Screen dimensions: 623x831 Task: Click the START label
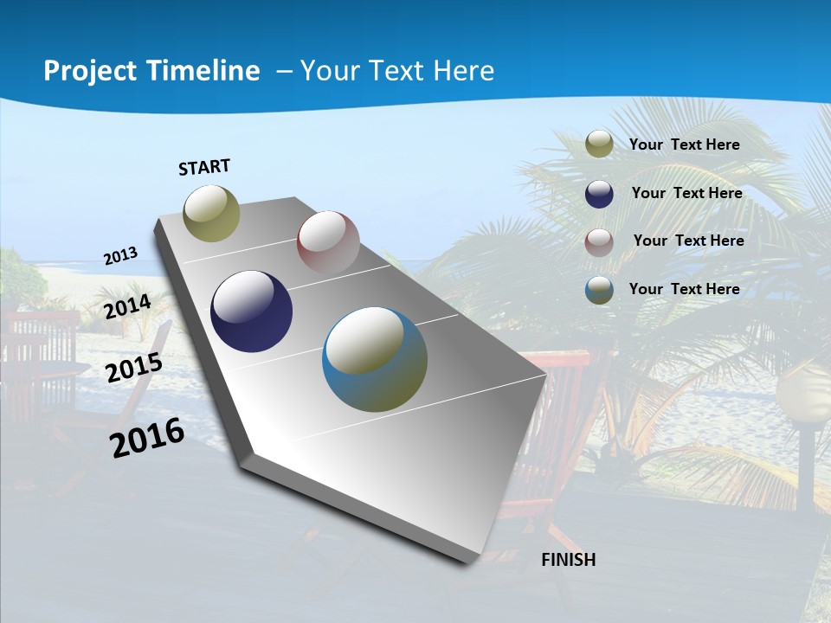(x=204, y=167)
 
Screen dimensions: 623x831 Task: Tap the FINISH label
(x=568, y=560)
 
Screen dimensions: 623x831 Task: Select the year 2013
(x=120, y=256)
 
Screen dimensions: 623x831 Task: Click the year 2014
(x=127, y=307)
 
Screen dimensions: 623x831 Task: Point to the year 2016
(x=147, y=438)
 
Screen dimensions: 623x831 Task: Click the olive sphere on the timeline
(x=211, y=214)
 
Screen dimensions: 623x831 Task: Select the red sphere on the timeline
(x=328, y=241)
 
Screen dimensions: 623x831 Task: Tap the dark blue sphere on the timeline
(x=251, y=311)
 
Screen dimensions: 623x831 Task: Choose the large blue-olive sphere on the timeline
(x=374, y=359)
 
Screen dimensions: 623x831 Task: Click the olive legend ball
(x=599, y=144)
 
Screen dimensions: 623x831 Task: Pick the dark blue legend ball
(x=599, y=194)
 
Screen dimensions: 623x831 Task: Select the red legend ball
(x=599, y=242)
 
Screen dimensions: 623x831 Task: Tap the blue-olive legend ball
(x=599, y=291)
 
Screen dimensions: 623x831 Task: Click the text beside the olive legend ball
(x=684, y=145)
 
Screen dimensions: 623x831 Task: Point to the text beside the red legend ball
(x=688, y=241)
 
